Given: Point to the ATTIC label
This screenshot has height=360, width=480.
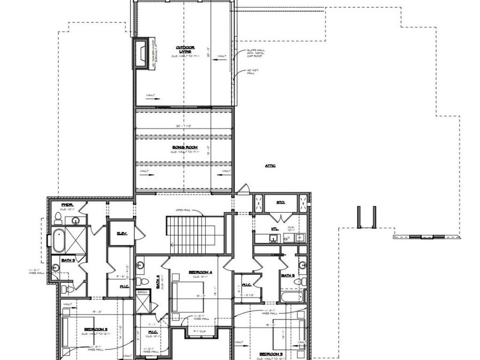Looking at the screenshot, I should tap(270, 166).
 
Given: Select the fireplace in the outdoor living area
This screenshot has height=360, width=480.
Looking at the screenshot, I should tap(142, 53).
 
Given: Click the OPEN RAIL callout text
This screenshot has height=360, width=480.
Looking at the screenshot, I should tap(183, 210).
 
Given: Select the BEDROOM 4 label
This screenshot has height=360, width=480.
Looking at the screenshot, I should tap(201, 272).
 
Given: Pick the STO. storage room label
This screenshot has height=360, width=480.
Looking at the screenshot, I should tap(281, 203).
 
